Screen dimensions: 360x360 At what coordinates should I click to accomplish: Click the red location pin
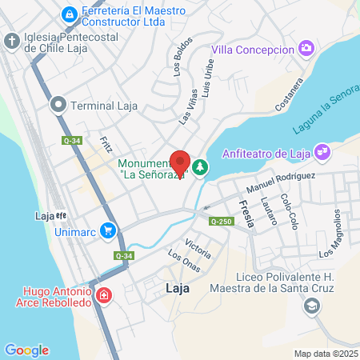[x=181, y=163]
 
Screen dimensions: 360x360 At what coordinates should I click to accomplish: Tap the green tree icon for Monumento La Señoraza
[x=199, y=167]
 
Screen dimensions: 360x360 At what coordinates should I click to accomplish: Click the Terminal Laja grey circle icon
[x=58, y=103]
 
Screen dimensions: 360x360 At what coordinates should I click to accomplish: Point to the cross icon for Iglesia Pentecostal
[x=12, y=41]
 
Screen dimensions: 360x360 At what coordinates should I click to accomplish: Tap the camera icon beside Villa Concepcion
[x=306, y=49]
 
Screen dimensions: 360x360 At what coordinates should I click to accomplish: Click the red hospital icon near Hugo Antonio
[x=103, y=297]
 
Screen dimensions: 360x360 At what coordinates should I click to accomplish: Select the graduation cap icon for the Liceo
[x=311, y=305]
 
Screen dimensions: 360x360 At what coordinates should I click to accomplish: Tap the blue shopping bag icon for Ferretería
[x=70, y=14]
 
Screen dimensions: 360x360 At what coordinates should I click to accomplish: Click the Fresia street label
[x=247, y=215]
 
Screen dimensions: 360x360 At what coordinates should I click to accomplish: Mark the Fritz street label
[x=84, y=144]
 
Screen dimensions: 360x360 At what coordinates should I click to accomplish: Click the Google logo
[x=26, y=350]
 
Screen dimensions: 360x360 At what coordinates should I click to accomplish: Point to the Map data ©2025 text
[x=326, y=353]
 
